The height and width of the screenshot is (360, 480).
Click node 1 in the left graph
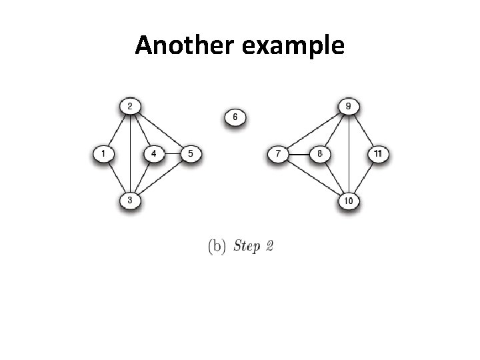pos(103,155)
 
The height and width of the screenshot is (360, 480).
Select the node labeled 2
pos(129,106)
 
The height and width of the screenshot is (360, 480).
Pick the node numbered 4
pos(154,155)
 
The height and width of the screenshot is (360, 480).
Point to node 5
pos(190,155)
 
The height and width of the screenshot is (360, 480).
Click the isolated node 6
pos(235,118)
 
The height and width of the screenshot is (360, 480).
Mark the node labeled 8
pos(320,155)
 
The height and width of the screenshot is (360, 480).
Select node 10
pos(349,200)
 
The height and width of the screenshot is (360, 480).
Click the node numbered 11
pos(378,155)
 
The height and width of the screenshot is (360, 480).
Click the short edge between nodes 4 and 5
pos(172,155)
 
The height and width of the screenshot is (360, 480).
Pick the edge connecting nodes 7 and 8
pos(299,155)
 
